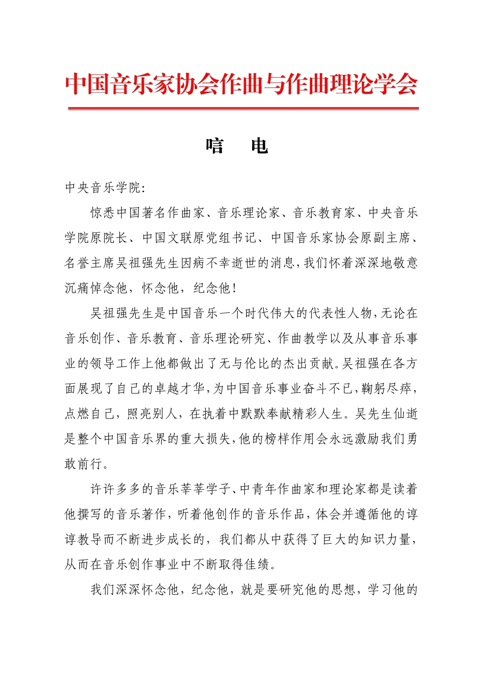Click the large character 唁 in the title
(x=215, y=146)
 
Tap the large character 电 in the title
(x=259, y=146)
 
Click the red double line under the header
(x=243, y=108)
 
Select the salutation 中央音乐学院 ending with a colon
(x=105, y=188)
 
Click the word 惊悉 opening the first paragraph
(x=103, y=213)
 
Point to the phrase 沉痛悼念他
(x=96, y=288)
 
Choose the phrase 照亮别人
(x=154, y=414)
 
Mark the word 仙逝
(x=405, y=414)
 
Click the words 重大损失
(x=206, y=439)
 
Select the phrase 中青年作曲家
(x=277, y=489)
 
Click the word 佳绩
(x=257, y=565)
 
